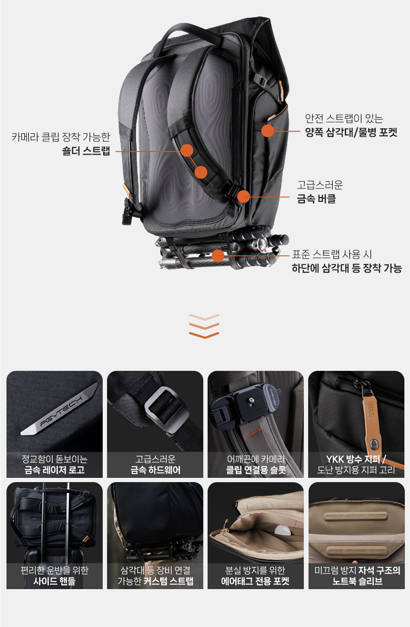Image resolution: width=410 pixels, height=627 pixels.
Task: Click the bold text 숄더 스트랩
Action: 86,151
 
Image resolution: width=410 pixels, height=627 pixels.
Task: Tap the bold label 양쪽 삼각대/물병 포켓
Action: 351,132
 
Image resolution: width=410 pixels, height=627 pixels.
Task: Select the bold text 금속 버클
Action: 316,199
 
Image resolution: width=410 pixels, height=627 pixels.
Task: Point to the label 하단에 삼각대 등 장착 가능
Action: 347,268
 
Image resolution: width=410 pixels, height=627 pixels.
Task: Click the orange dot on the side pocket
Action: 268,131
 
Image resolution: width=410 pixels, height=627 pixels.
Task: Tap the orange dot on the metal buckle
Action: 243,197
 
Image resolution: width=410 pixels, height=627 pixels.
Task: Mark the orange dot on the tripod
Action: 218,256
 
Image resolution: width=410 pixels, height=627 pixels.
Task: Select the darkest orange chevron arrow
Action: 204,335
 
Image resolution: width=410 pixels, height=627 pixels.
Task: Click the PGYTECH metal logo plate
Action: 60,409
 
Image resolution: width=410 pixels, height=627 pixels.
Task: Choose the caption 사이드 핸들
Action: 55,581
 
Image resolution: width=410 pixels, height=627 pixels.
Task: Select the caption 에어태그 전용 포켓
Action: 255,581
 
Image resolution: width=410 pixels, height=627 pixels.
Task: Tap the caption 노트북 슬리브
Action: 357,581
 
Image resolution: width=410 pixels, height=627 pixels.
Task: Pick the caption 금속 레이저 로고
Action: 55,470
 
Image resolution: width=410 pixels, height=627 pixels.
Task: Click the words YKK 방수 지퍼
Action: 353,459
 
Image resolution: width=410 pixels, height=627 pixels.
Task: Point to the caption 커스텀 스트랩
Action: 168,581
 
